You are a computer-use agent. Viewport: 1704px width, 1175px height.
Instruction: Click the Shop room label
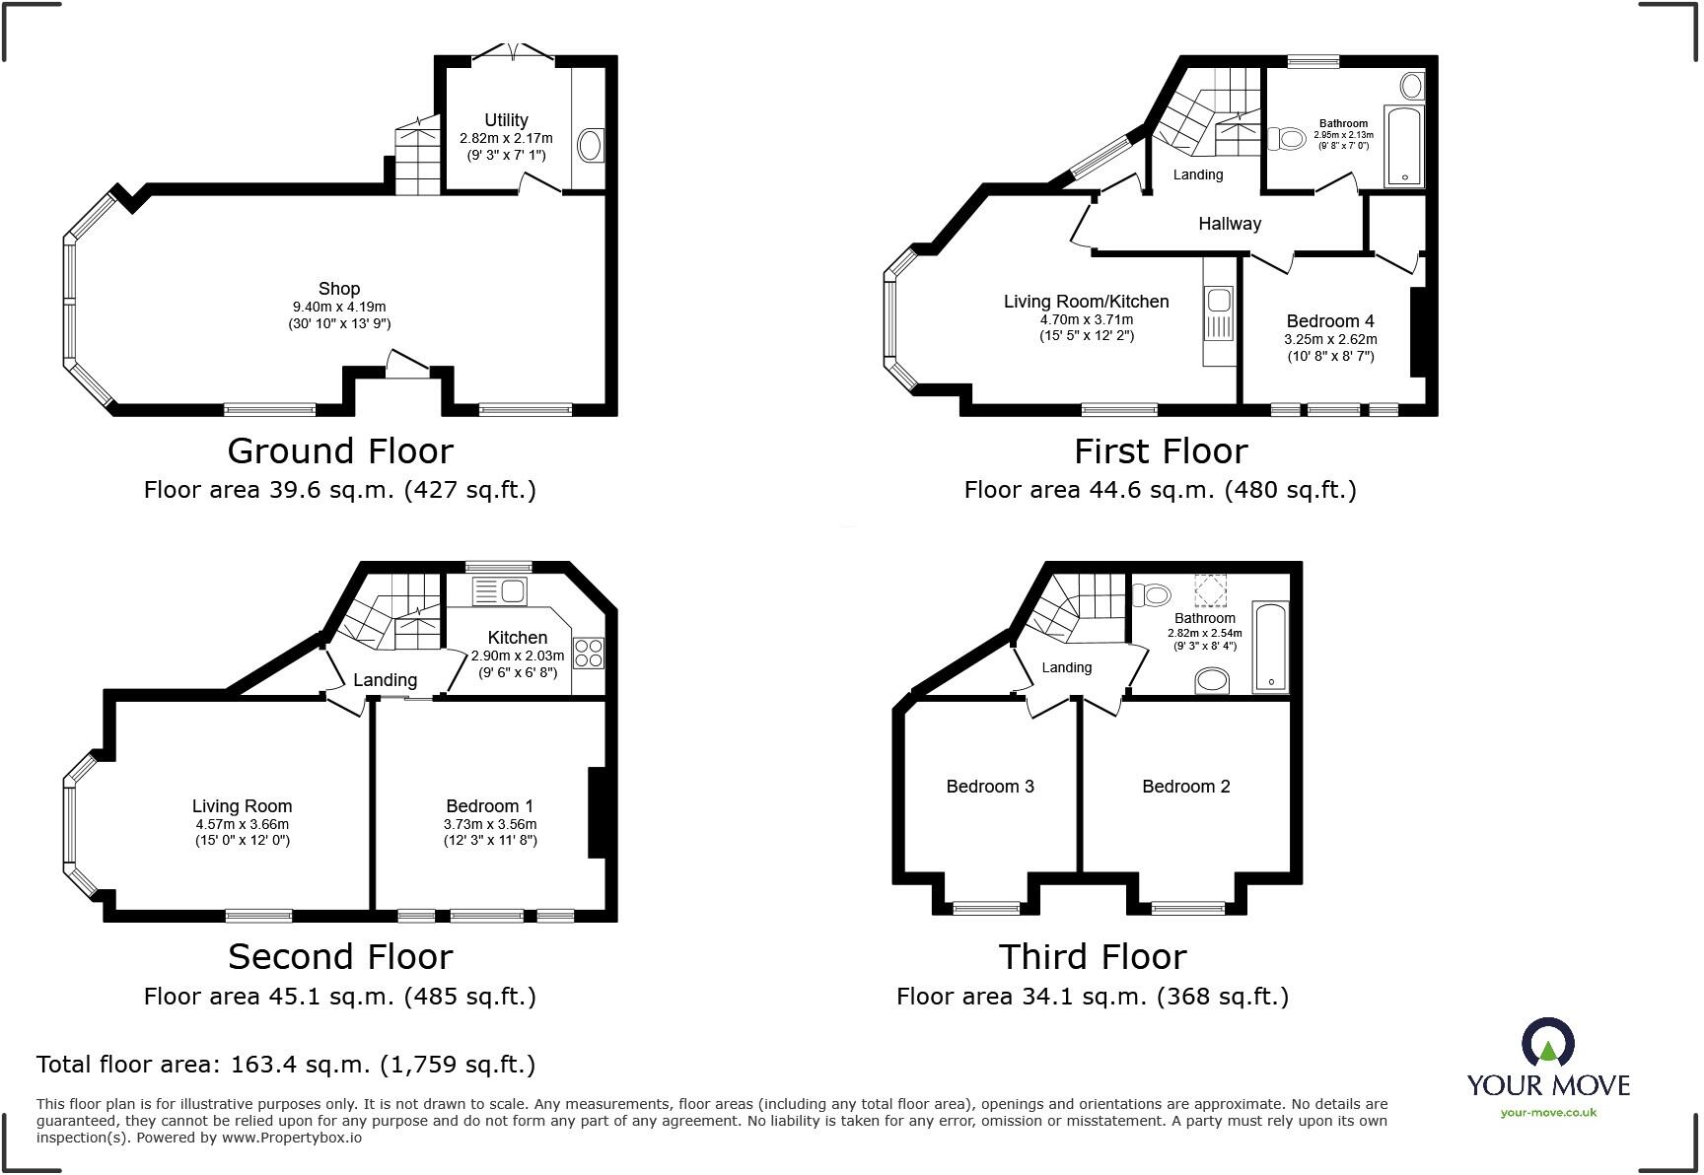click(x=338, y=289)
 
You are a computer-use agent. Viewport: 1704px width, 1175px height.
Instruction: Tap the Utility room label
click(x=506, y=120)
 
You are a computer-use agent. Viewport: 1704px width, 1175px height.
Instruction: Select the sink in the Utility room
click(x=591, y=146)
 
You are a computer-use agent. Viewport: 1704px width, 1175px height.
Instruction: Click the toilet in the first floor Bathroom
click(x=1286, y=139)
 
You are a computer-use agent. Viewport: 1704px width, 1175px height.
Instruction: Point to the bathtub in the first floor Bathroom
click(x=1404, y=146)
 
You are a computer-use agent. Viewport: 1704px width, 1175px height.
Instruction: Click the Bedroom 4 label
click(x=1329, y=321)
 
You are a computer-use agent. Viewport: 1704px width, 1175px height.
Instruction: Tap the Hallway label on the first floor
click(x=1229, y=224)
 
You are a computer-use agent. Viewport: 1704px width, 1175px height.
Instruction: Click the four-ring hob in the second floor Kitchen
click(x=589, y=654)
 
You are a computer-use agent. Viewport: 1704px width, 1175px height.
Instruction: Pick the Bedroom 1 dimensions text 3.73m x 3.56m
click(x=490, y=824)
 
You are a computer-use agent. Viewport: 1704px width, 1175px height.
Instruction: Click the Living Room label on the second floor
click(x=242, y=806)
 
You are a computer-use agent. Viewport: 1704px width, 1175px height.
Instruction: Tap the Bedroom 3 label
click(x=989, y=787)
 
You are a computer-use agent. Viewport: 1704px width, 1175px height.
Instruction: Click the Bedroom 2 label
click(x=1185, y=787)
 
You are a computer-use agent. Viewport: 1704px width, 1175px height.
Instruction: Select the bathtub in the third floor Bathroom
click(x=1270, y=648)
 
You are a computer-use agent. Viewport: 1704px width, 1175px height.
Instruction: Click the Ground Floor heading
click(x=340, y=451)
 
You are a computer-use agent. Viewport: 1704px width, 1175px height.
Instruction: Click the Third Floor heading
click(x=1092, y=957)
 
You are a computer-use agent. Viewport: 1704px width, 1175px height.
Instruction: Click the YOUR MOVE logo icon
click(x=1547, y=1043)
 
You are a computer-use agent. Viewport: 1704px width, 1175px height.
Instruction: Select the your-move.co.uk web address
click(x=1547, y=1113)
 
